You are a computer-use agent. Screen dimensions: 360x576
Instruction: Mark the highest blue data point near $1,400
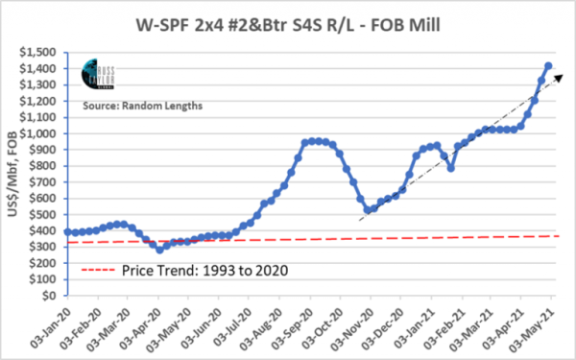[547, 66]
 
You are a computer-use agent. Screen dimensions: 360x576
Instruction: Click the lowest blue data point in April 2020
[159, 250]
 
